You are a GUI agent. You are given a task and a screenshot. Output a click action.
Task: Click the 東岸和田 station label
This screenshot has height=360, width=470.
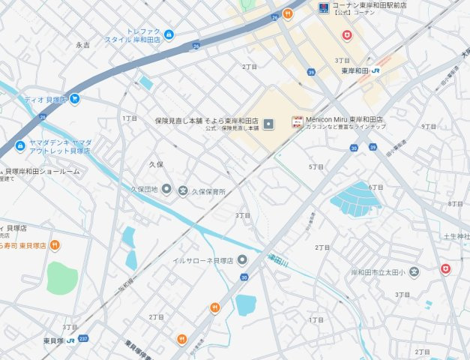355,71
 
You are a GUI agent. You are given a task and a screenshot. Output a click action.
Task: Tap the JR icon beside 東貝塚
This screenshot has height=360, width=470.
70,340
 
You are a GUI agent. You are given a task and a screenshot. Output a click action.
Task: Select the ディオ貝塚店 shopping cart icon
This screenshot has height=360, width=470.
75,98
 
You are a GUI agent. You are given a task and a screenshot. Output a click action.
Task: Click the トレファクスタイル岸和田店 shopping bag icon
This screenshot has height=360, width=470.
169,34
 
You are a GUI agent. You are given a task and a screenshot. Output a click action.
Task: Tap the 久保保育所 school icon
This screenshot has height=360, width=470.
183,190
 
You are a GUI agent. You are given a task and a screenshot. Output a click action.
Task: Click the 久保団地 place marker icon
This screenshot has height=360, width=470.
166,189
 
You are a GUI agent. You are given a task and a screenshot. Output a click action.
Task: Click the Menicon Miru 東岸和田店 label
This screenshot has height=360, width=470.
344,119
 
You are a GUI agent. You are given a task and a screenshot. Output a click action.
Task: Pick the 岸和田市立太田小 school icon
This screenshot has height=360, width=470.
414,271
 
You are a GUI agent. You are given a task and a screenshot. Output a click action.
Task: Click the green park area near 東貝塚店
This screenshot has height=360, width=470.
62,277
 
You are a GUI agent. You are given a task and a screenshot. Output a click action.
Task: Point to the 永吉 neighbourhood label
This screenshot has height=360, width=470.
82,45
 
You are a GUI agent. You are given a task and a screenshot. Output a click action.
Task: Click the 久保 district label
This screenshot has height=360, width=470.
156,163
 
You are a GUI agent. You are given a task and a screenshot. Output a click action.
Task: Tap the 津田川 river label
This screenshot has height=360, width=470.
278,259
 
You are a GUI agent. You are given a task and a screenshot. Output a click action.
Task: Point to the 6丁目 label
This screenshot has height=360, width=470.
376,187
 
